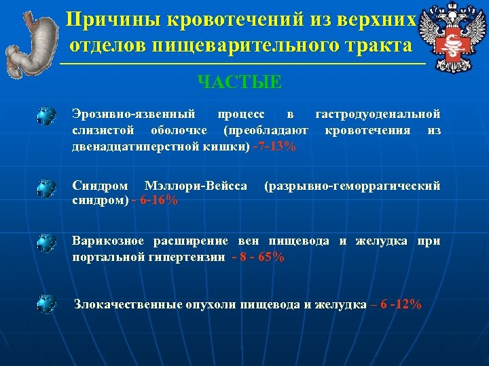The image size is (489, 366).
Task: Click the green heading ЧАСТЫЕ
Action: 239,83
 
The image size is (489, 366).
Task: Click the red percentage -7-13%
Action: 274,147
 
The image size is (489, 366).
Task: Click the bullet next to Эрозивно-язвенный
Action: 46,115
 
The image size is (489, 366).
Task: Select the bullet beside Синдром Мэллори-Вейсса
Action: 46,188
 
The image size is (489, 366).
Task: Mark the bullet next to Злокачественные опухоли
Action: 46,304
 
